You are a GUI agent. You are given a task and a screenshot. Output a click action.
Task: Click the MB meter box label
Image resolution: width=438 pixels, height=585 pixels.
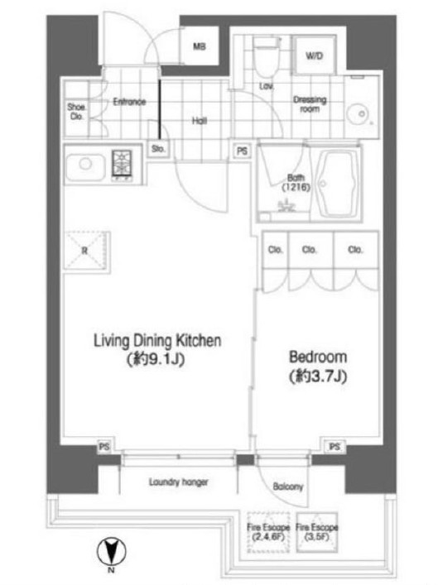coord(200,46)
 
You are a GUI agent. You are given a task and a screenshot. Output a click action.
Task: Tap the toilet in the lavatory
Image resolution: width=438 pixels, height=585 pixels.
coord(267,56)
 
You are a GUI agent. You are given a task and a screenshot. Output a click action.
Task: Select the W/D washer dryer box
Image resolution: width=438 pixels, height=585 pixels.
coord(314,55)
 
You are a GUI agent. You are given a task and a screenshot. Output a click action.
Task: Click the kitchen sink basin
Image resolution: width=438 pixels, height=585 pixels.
coord(85,167)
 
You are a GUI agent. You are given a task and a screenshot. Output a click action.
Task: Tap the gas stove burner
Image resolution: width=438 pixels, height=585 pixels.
coord(122,165)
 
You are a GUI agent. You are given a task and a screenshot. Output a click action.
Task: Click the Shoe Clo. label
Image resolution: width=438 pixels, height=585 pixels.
coord(76,112)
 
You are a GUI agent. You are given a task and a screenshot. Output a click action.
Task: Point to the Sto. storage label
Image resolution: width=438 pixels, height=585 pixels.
coord(158,149)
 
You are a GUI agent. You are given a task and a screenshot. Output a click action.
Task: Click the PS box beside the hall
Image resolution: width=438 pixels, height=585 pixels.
coord(242,151)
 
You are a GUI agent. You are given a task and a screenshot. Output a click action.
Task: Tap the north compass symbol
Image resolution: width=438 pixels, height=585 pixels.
coord(111,551)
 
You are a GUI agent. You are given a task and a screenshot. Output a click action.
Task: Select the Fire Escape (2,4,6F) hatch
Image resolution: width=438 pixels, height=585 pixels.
coord(268,532)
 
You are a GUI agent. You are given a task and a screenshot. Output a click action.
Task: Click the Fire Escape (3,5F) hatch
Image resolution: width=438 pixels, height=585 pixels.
coord(317,532)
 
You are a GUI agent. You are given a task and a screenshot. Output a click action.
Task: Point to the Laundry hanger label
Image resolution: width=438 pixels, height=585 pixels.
coord(179,482)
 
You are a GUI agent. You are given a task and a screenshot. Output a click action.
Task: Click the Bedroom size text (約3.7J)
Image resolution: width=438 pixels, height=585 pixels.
coord(318,376)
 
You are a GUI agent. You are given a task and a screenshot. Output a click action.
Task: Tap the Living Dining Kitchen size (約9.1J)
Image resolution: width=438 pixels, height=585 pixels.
coord(156,359)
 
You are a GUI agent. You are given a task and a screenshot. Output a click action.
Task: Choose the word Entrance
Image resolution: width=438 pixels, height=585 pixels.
coord(129,102)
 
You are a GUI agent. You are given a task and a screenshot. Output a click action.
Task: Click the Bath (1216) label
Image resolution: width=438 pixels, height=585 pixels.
coord(296,182)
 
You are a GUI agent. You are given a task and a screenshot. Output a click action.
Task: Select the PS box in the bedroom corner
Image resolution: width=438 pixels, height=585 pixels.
coord(335,447)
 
